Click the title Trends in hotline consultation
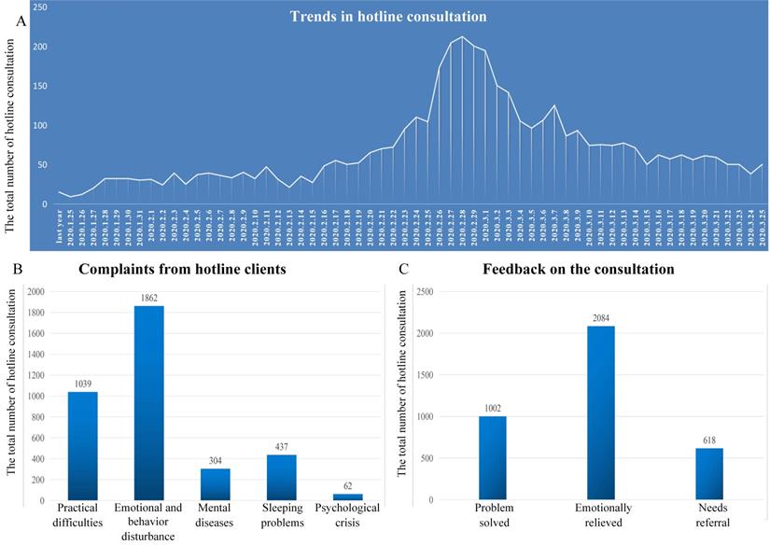tap(387, 17)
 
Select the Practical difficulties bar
tap(82, 445)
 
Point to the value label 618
tap(708, 441)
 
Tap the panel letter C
tap(402, 272)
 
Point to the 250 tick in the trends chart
tap(40, 7)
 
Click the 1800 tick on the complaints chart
tap(37, 312)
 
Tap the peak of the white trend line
tap(462, 37)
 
